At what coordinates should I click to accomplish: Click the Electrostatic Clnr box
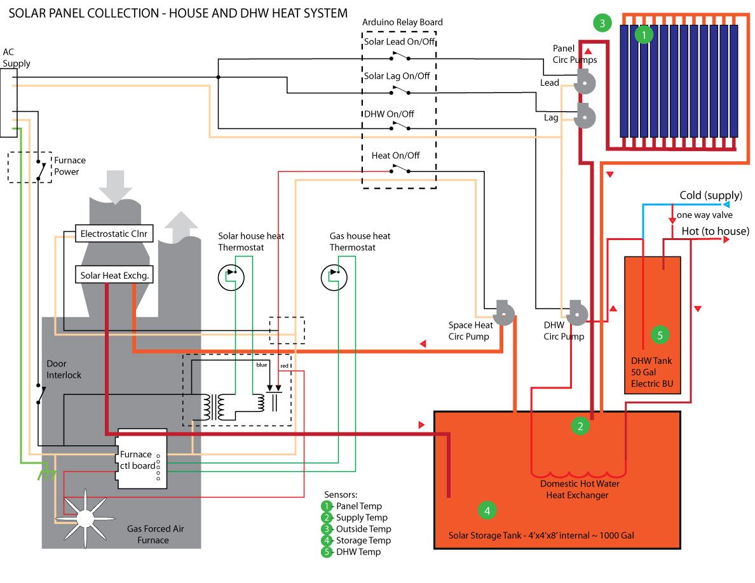114,233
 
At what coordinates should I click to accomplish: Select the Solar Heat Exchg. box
114,274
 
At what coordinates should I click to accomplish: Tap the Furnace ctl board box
141,459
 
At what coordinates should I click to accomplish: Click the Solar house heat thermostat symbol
231,277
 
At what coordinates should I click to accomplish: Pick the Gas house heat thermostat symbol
334,277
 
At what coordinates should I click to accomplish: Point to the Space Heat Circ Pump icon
504,313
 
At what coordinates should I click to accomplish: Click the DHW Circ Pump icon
577,313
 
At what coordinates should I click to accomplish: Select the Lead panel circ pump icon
585,82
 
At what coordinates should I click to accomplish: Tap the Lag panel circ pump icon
585,116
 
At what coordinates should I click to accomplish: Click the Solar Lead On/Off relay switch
400,57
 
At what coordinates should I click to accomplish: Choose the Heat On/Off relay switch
400,169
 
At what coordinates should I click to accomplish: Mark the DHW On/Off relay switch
400,126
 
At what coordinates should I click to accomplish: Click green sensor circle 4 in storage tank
487,511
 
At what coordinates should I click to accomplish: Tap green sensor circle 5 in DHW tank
660,335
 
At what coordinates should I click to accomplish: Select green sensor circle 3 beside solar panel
602,23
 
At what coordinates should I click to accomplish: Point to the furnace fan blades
85,518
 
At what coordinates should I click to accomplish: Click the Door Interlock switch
41,394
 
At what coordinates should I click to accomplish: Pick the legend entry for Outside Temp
357,528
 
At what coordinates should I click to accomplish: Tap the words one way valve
704,215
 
